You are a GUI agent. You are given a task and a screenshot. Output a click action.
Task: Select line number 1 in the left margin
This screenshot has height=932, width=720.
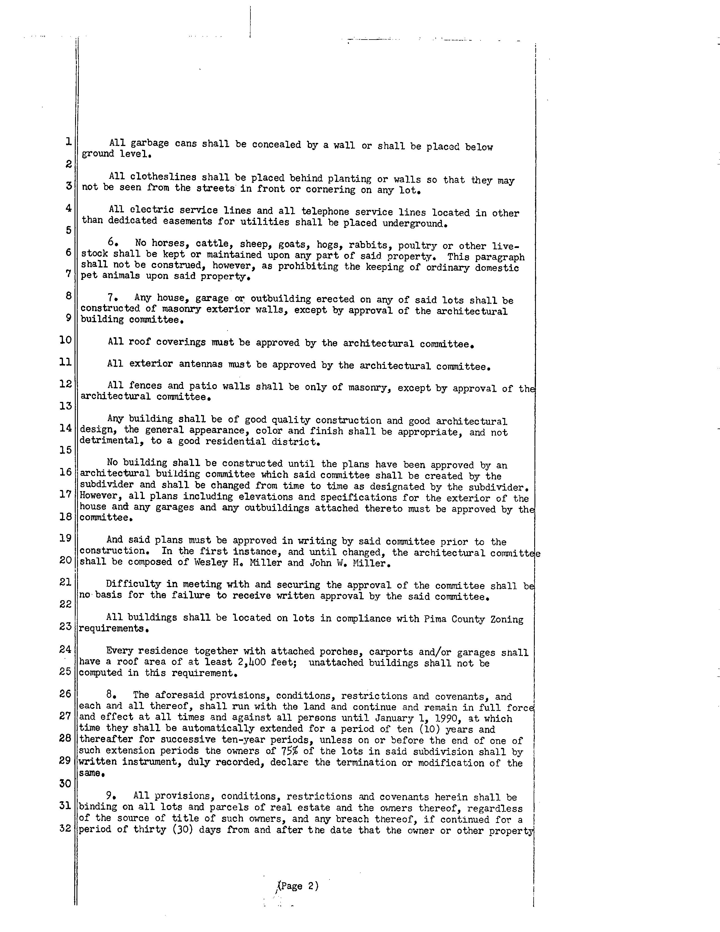[68, 141]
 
